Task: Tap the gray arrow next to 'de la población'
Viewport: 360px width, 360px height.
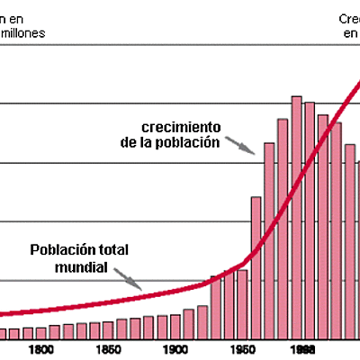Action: coord(238,144)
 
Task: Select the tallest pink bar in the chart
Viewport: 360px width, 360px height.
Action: coord(296,216)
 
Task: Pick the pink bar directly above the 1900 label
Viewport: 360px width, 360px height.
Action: coord(175,326)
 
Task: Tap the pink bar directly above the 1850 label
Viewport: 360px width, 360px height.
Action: coord(108,329)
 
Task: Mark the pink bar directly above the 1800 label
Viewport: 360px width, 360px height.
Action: coord(40,333)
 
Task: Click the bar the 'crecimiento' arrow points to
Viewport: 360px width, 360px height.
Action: coord(269,238)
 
